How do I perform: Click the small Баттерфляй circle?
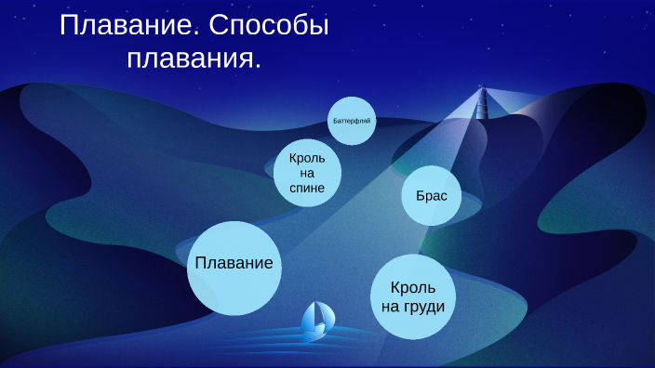(x=352, y=121)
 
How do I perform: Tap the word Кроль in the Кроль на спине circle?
(x=307, y=159)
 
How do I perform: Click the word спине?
(x=307, y=188)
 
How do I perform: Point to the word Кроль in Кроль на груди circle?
(x=413, y=288)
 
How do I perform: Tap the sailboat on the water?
(x=316, y=321)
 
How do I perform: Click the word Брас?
(x=432, y=197)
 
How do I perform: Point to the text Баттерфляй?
(x=352, y=121)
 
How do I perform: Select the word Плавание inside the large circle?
(x=234, y=263)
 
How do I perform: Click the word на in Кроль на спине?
(x=307, y=174)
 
